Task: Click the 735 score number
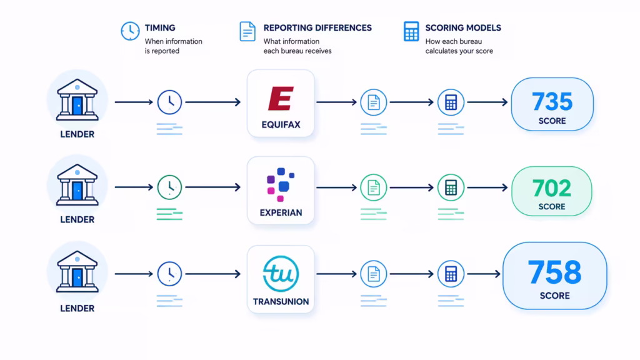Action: [552, 101]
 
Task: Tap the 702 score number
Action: [552, 189]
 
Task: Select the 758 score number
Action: [555, 272]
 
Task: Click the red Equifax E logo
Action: [281, 98]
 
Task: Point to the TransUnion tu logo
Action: [281, 274]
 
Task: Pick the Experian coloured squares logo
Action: [281, 184]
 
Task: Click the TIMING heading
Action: [160, 27]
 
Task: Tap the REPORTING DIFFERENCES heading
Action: [317, 27]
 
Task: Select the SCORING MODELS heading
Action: [463, 27]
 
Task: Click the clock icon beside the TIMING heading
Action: [130, 31]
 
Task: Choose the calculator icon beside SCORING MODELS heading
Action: [411, 31]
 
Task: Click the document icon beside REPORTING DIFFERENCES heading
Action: [247, 31]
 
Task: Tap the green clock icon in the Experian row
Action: [169, 187]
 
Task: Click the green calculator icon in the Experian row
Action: [451, 187]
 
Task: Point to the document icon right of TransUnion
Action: [374, 274]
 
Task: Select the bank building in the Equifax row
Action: [77, 99]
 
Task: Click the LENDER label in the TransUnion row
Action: [77, 309]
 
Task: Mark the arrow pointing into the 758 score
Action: [484, 274]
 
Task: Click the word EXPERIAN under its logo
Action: [281, 212]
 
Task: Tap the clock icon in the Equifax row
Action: [169, 102]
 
